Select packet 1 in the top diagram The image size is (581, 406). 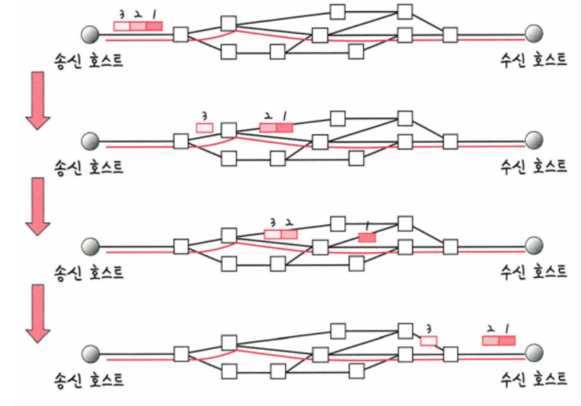coord(154,26)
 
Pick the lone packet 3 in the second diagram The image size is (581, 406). coord(204,127)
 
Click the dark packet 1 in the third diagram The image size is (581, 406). coord(366,237)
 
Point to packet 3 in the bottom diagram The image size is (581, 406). coord(429,340)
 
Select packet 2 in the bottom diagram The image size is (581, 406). coord(490,340)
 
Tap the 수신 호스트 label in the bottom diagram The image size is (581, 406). coord(534,378)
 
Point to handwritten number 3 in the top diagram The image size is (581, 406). coord(121,13)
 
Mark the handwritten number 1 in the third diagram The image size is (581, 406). coord(366,225)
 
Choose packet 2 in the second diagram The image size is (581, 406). coord(268,127)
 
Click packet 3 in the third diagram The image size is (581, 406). coord(272,234)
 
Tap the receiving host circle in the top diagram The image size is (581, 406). coord(535,34)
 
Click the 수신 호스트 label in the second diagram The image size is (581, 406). coord(534,166)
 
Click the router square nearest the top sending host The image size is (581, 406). coord(181,35)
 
